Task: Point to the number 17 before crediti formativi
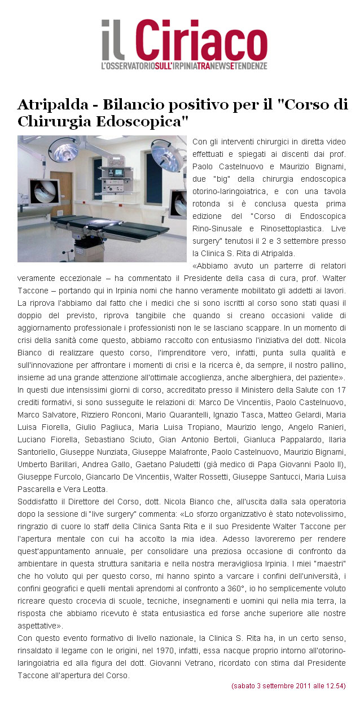pyautogui.click(x=341, y=390)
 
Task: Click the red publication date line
pyautogui.click(x=288, y=685)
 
